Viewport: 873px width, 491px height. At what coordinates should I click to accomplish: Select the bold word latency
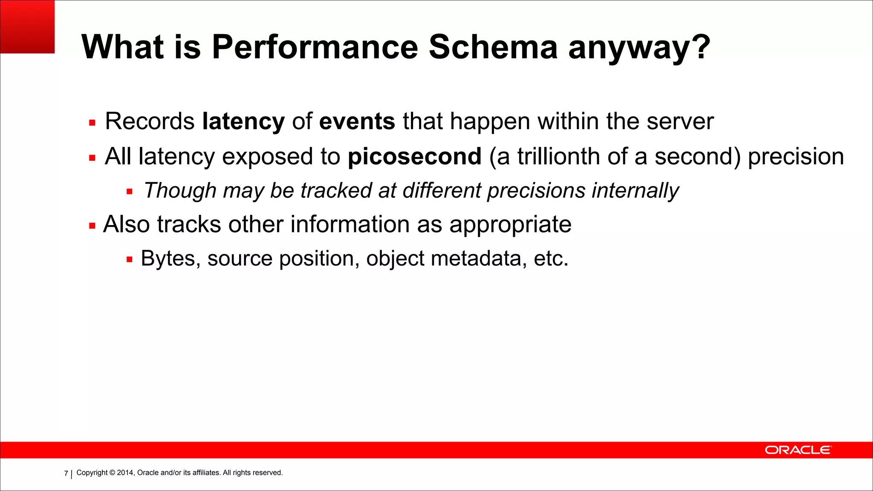(x=243, y=122)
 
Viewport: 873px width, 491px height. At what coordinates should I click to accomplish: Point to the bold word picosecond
(x=414, y=157)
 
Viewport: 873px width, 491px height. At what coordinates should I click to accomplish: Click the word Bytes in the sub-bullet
(x=171, y=259)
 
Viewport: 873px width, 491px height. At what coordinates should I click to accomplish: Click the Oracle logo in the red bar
(x=798, y=450)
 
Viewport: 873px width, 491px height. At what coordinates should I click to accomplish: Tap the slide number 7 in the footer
(x=66, y=473)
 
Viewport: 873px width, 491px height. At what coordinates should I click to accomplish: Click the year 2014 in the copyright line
(x=125, y=473)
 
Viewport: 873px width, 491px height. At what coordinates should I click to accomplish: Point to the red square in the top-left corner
(x=27, y=26)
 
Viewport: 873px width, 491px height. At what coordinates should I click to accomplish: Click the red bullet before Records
(x=92, y=123)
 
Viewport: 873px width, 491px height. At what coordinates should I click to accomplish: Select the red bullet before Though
(x=130, y=192)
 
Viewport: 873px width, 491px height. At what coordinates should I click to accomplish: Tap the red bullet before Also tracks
(x=92, y=226)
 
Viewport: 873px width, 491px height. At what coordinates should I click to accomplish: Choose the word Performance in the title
(x=315, y=47)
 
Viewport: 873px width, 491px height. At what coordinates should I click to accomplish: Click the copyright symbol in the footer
(x=113, y=473)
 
